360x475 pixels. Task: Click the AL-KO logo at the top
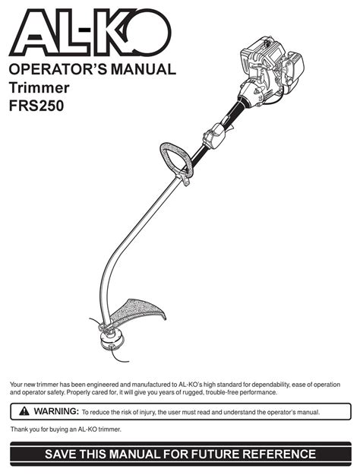90,33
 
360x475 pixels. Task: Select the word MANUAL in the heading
144,69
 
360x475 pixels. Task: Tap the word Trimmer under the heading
39,88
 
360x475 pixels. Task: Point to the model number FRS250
36,106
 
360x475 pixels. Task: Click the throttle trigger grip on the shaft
216,136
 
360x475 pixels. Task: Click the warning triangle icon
24,411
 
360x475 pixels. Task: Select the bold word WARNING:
56,411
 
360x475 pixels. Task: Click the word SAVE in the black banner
60,454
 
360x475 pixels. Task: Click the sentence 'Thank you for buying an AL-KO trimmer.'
66,429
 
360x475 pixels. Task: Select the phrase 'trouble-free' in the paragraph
223,392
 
